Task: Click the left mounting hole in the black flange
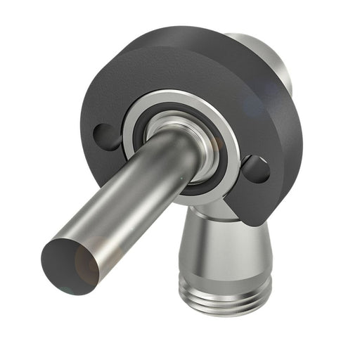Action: (107, 135)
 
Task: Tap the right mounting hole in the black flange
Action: (255, 169)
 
